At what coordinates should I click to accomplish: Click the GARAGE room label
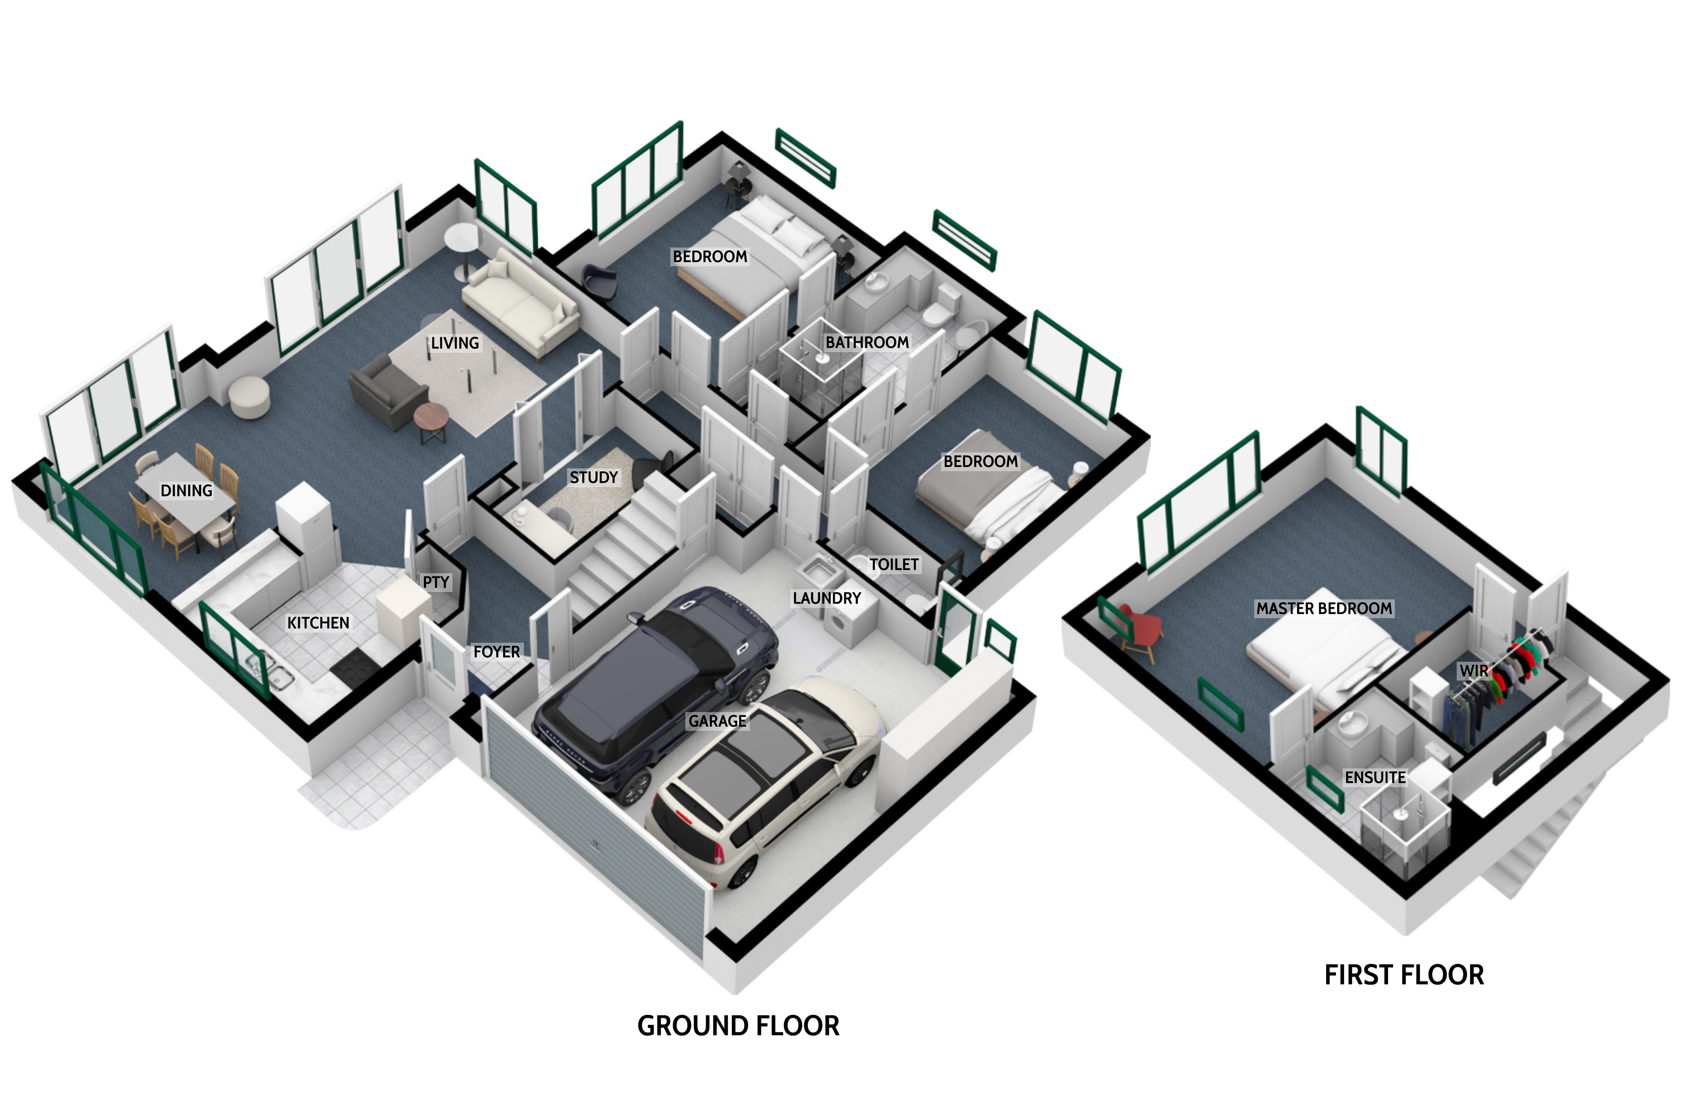(717, 721)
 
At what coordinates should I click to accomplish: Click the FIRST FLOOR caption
(1404, 975)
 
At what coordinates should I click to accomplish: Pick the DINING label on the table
(186, 490)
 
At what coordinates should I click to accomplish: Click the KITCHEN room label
(318, 623)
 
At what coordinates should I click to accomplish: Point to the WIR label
(1474, 670)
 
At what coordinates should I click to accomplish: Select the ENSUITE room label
(1375, 778)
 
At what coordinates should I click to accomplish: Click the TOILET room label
(893, 565)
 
